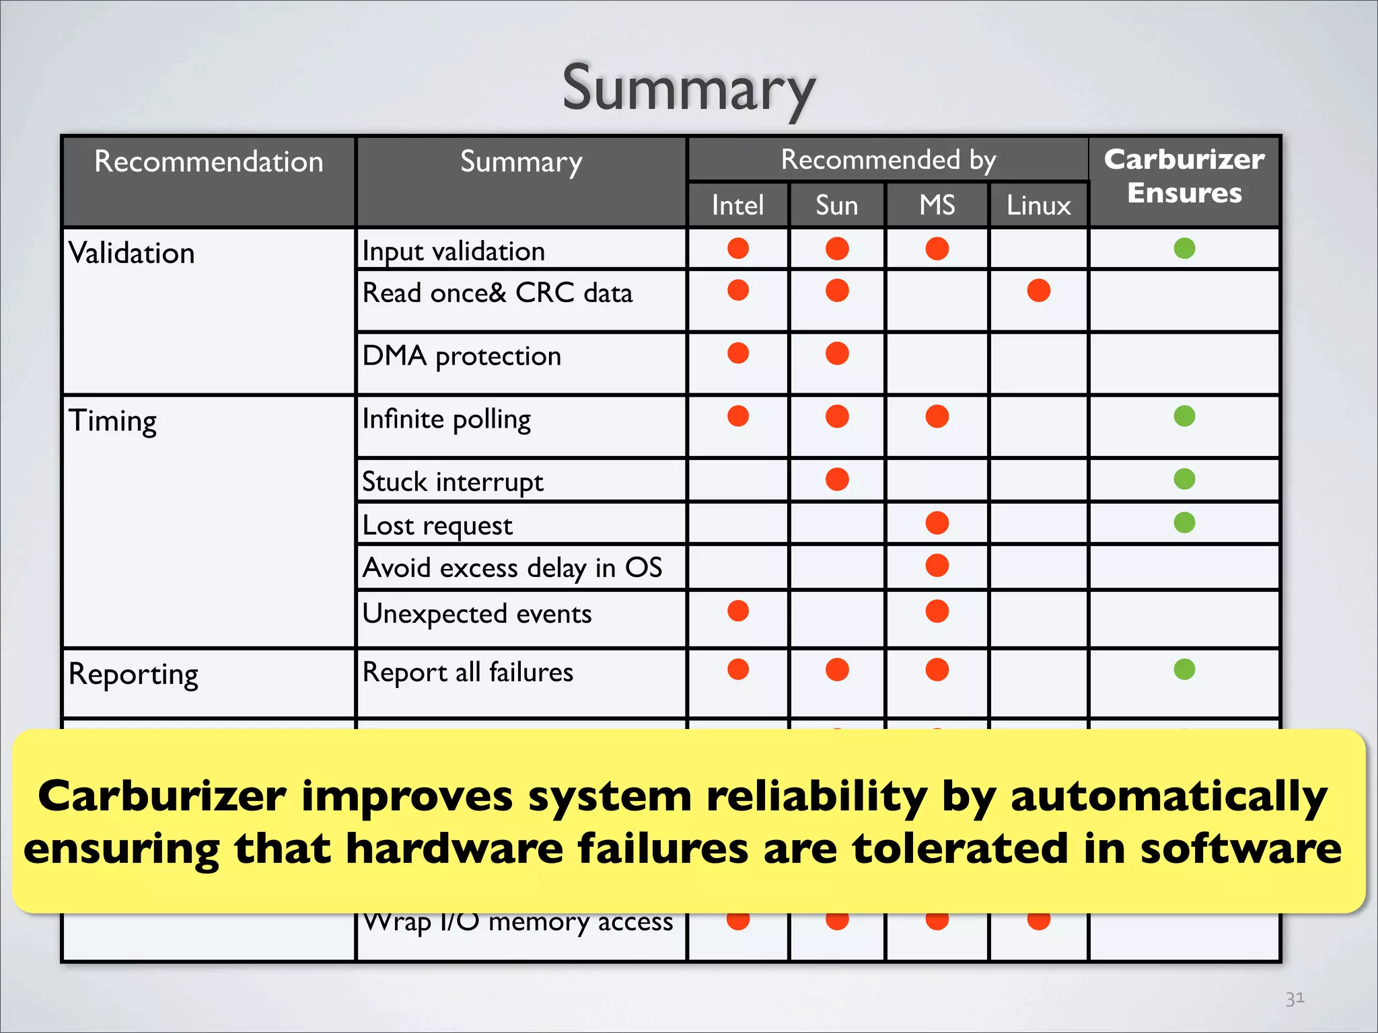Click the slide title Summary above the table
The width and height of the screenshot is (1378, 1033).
(688, 89)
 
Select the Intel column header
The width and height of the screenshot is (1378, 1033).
(737, 205)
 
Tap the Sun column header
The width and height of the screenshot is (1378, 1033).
(836, 205)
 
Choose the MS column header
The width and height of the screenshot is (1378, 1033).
(937, 205)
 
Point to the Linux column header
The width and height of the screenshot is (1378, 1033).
(1038, 205)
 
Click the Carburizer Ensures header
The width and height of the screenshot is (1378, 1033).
(1184, 176)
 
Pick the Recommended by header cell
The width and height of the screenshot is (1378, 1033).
(888, 160)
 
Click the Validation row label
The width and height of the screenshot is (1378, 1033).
(132, 254)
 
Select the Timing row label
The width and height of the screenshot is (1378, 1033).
(113, 422)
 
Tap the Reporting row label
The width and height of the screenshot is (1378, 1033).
(134, 674)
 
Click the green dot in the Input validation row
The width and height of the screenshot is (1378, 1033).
(1184, 248)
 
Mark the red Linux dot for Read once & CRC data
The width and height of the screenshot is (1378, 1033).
(1038, 291)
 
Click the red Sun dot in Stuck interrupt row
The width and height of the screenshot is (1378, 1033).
(837, 480)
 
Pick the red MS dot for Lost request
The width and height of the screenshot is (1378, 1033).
(937, 523)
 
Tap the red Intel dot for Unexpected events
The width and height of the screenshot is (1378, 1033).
(738, 611)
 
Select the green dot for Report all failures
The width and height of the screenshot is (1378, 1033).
(1184, 669)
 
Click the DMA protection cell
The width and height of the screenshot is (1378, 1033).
(462, 356)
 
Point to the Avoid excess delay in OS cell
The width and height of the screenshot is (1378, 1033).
(512, 568)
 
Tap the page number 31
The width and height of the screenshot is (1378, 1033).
(1295, 998)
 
